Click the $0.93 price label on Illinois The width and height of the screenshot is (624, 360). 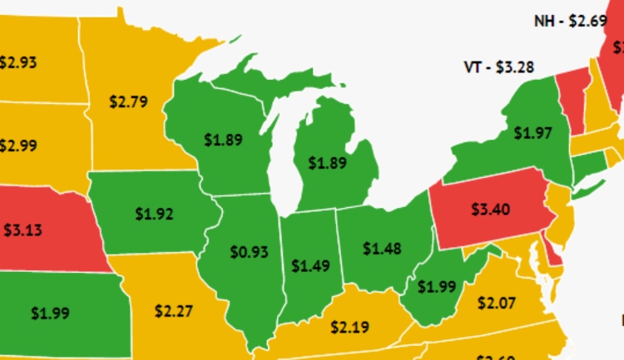tap(249, 251)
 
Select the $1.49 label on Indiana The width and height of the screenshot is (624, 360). tap(310, 266)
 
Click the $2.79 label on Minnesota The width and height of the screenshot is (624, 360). tap(128, 102)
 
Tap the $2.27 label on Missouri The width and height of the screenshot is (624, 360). tap(174, 312)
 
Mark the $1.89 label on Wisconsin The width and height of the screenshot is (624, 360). tap(223, 140)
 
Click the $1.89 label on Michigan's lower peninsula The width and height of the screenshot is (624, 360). tap(327, 163)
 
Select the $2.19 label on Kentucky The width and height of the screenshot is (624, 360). tap(350, 327)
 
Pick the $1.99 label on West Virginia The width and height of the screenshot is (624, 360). tap(437, 287)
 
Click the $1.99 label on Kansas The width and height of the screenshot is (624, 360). tap(51, 313)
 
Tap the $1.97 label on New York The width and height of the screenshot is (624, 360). tap(533, 132)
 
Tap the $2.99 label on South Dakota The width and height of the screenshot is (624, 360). tap(17, 145)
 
